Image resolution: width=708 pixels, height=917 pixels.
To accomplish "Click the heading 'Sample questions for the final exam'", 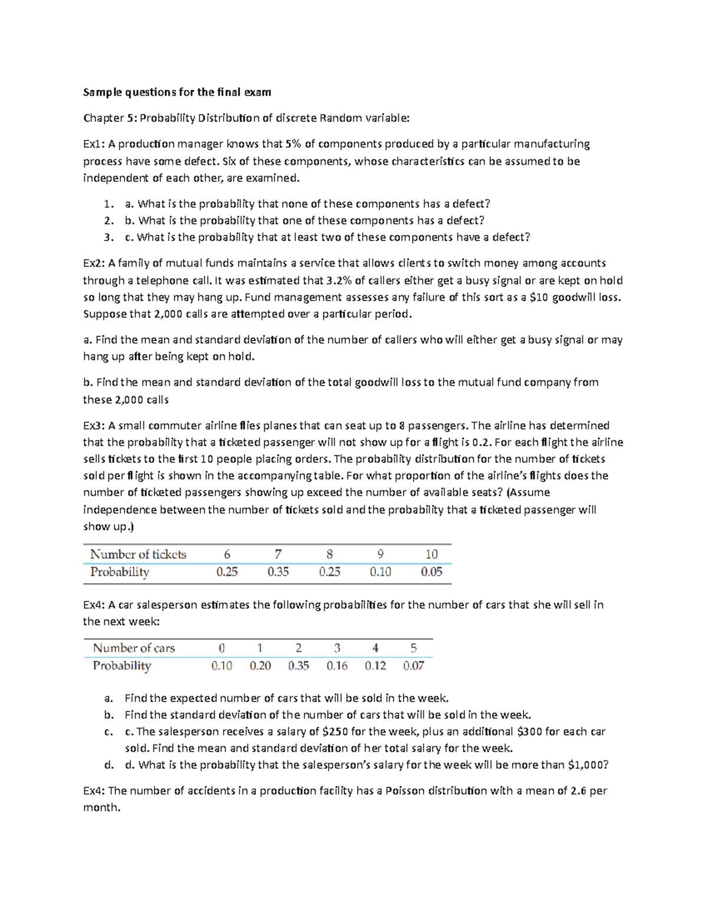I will [177, 92].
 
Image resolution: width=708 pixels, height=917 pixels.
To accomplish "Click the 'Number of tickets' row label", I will [138, 554].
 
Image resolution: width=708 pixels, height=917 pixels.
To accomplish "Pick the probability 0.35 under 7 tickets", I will [278, 572].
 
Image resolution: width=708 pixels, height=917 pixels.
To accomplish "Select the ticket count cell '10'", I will [431, 554].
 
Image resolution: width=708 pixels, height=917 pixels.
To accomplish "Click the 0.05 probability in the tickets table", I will [431, 572].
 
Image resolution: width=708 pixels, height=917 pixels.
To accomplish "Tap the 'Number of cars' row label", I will [134, 648].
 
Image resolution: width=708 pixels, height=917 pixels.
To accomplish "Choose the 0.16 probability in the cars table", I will [337, 666].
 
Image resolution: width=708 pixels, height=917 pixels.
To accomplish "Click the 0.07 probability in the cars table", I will [414, 666].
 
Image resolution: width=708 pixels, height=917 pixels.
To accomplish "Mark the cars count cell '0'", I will [222, 648].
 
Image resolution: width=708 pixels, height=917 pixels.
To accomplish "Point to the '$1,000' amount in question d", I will [586, 765].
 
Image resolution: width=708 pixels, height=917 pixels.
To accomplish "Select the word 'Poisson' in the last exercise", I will [405, 791].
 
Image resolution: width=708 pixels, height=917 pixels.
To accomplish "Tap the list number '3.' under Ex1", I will [108, 237].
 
